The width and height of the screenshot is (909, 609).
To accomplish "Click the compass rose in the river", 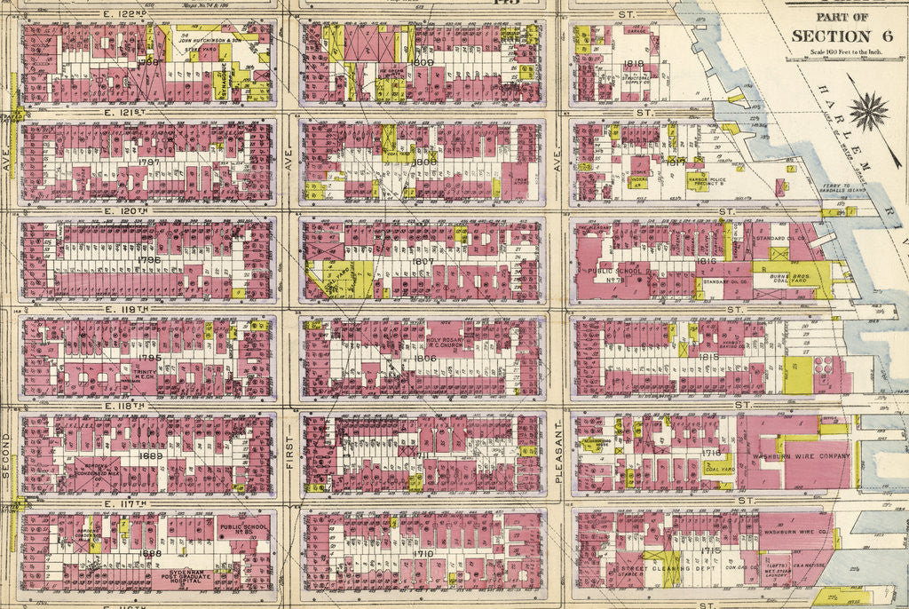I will point(868,112).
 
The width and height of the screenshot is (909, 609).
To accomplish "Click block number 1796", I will point(149,260).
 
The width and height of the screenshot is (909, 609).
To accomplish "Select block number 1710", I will point(423,553).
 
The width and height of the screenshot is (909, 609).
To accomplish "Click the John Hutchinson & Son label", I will point(209,40).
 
